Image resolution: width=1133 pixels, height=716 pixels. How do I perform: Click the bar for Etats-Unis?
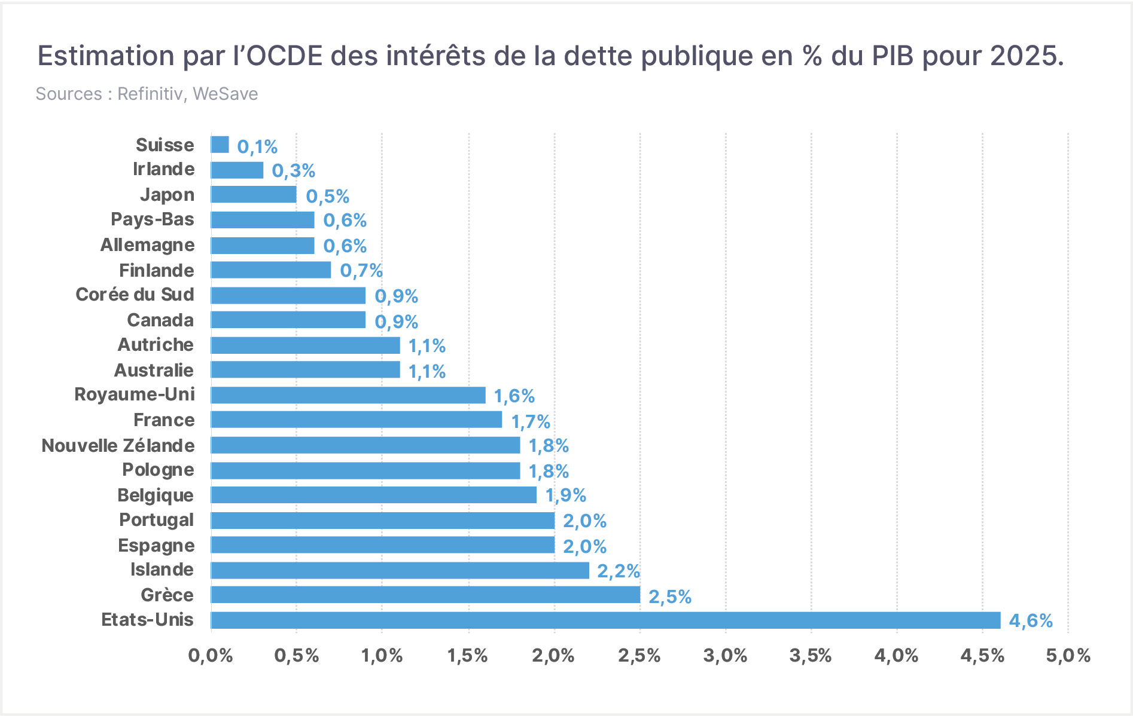[x=605, y=620]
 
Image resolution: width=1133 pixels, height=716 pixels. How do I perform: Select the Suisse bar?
[x=220, y=145]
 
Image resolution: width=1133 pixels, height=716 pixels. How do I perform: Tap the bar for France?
[x=357, y=420]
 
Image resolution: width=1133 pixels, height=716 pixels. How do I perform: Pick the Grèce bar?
[x=425, y=595]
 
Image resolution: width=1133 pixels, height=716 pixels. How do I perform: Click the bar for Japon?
[x=254, y=194]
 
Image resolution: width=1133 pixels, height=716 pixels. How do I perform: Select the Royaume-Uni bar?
[x=348, y=395]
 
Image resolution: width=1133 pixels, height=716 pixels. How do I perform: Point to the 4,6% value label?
[x=1031, y=621]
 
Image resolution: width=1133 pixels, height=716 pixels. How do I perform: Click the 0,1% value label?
[x=257, y=146]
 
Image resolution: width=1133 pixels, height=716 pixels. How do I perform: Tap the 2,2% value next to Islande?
[x=619, y=571]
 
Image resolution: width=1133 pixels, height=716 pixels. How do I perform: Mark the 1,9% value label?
[x=565, y=495]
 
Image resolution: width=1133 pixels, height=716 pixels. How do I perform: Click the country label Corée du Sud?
[x=135, y=295]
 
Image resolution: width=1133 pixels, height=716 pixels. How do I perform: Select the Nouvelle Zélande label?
[x=118, y=445]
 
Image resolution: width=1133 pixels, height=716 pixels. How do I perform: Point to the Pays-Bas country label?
[x=153, y=220]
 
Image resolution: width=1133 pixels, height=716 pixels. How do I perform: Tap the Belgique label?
[x=156, y=496]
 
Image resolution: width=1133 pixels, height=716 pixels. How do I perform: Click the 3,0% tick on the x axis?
[x=726, y=656]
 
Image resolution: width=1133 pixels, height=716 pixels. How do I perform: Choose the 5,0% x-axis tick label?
[x=1068, y=656]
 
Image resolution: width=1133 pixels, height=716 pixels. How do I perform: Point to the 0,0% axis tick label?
[x=211, y=656]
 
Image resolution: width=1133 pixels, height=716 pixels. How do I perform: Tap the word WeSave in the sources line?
[x=226, y=94]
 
